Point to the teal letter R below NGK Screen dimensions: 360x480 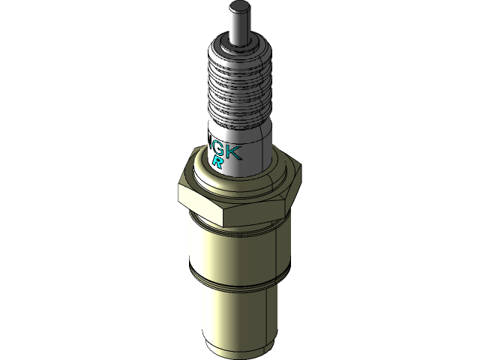tap(217, 163)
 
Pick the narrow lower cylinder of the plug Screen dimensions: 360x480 tap(238, 315)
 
